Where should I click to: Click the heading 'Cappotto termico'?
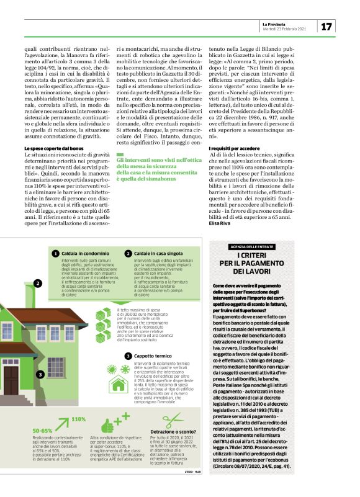pos(155,356)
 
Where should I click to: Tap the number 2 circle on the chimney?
pos(37,284)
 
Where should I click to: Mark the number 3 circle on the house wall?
pos(40,374)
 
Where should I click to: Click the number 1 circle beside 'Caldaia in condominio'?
pos(55,254)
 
